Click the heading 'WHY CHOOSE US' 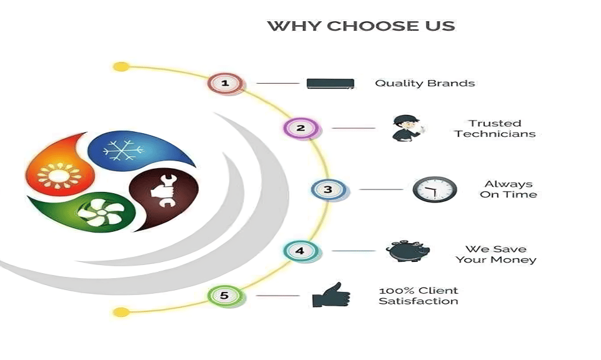[361, 26]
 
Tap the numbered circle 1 [226, 82]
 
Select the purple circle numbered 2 [300, 128]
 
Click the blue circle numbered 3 [328, 189]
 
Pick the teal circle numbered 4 [300, 251]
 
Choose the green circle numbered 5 [225, 295]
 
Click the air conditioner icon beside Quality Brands [330, 83]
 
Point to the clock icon [435, 189]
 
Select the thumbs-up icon [331, 295]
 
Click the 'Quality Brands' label [425, 83]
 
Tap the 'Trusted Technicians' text [495, 129]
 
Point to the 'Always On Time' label [509, 189]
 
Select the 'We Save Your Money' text [496, 254]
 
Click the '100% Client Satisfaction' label [419, 296]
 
